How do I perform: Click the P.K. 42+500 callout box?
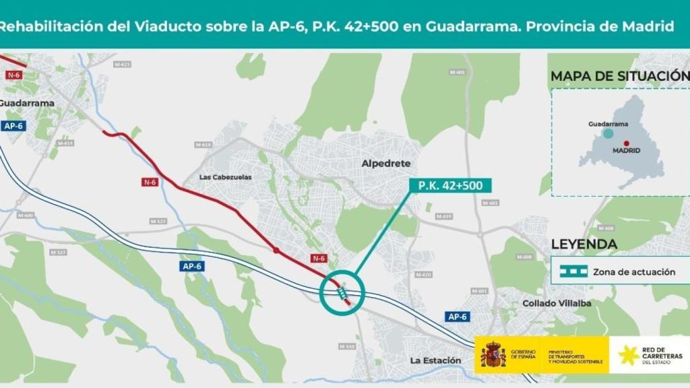450,185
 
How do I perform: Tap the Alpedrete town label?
385,163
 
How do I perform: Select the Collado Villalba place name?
557,303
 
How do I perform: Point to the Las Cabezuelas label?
225,176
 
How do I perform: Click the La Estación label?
436,360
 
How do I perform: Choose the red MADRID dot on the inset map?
626,143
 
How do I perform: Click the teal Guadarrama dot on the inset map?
608,133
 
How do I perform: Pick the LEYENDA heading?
584,244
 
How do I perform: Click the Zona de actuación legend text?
634,272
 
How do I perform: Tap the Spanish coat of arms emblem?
493,355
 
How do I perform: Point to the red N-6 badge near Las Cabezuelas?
150,182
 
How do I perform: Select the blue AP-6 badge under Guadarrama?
13,126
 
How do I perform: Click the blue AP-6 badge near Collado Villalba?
457,316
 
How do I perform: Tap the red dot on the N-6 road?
276,251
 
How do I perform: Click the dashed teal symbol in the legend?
569,272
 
